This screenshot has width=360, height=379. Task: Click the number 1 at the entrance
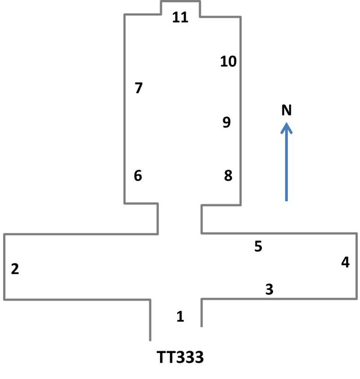click(x=180, y=317)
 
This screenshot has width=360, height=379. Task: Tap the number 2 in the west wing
click(x=15, y=269)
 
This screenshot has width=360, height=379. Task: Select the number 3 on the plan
click(x=269, y=289)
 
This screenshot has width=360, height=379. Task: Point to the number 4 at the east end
click(x=345, y=263)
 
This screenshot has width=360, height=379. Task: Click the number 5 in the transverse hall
click(x=258, y=246)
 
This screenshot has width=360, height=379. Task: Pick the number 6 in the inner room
click(x=138, y=176)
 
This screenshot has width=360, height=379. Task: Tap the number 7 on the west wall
click(x=139, y=88)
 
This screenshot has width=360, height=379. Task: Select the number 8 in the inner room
click(x=228, y=176)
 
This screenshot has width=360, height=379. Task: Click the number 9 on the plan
click(x=227, y=122)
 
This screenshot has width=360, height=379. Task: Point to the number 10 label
click(x=229, y=62)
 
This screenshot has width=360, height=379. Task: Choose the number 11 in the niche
click(x=180, y=17)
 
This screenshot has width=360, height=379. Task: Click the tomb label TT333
click(x=180, y=358)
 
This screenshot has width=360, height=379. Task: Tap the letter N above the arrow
click(x=287, y=110)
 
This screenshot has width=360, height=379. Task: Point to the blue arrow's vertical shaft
click(x=287, y=168)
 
